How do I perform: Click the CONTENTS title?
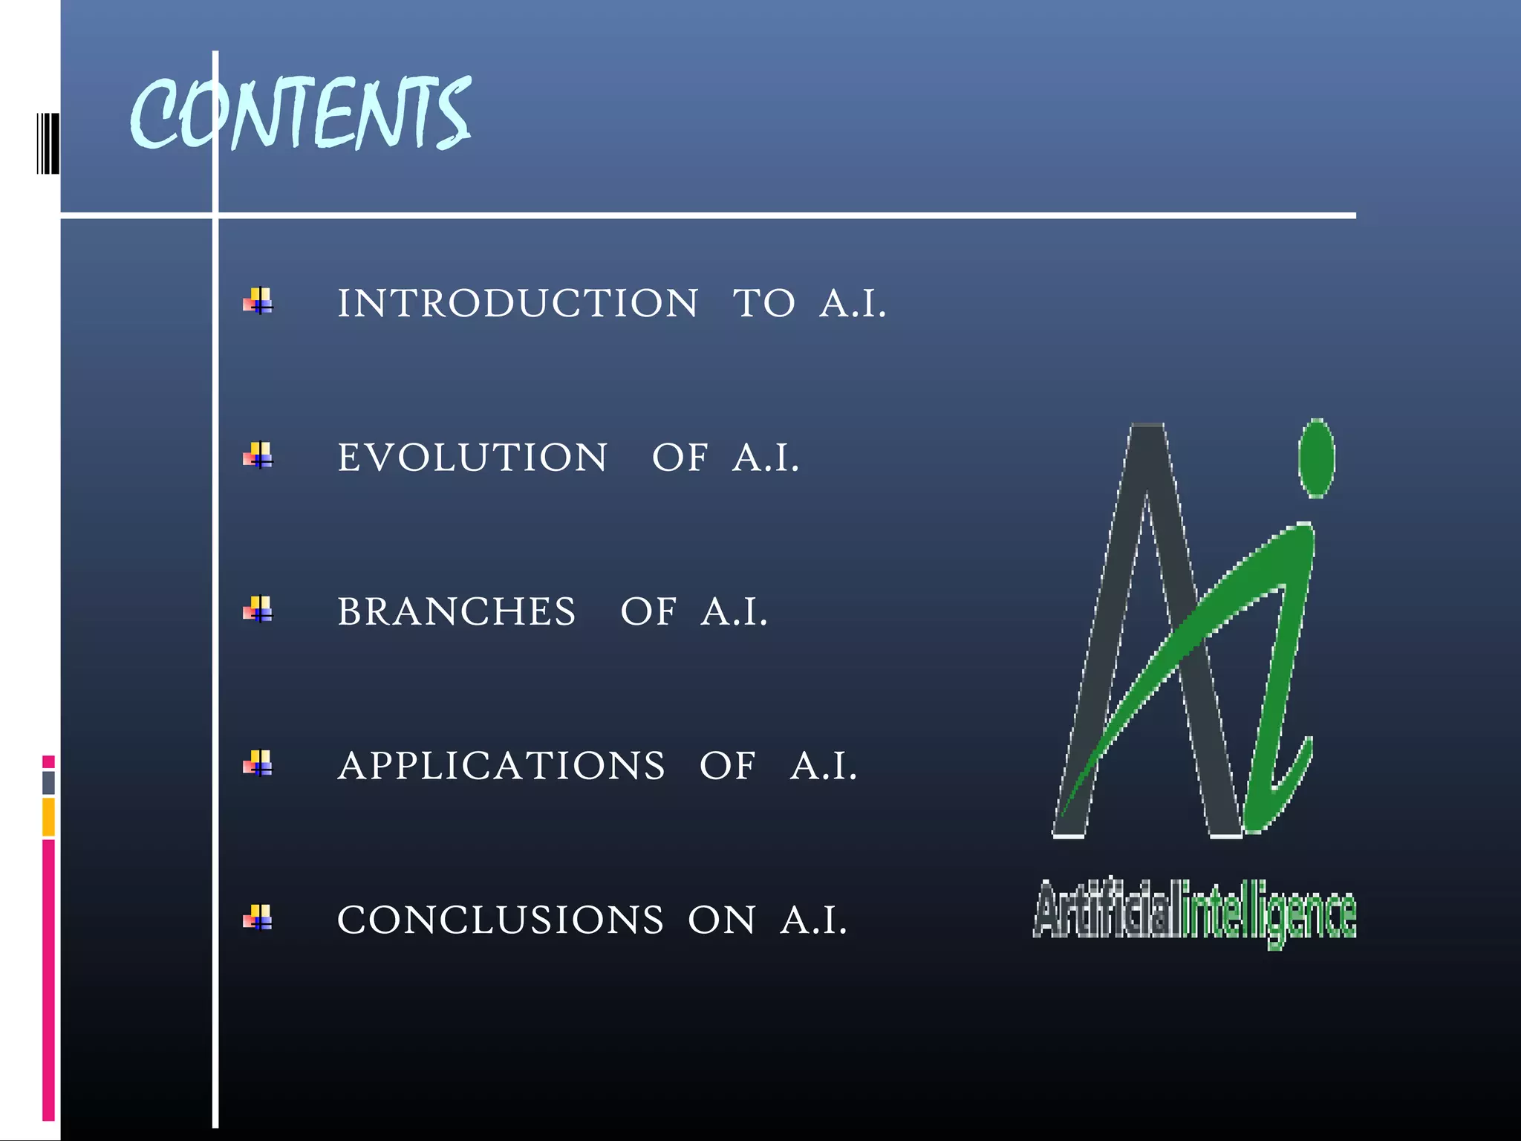point(301,113)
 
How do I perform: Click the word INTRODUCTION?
point(518,303)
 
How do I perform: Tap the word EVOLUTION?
point(472,458)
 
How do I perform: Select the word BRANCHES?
point(457,612)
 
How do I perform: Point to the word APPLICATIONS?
point(501,766)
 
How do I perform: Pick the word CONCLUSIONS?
point(501,920)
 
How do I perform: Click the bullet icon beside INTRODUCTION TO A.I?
point(258,301)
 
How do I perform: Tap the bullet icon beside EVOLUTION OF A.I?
point(258,455)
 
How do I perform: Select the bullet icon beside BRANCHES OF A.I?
point(258,609)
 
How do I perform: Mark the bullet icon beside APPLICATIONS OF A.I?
point(258,763)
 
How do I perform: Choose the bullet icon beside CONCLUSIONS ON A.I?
point(258,917)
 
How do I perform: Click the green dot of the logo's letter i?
point(1316,458)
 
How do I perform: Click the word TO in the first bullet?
point(763,303)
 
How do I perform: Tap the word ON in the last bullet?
point(721,920)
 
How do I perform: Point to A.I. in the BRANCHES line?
point(734,612)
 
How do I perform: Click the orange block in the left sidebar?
point(48,817)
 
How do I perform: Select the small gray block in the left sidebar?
point(48,782)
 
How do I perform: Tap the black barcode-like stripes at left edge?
point(48,143)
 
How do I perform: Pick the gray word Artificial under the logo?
point(1104,911)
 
